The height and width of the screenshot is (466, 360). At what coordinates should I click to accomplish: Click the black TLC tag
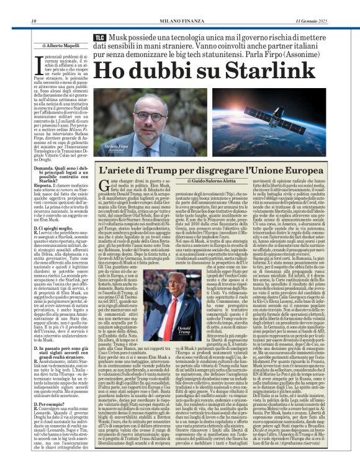click(x=99, y=38)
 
